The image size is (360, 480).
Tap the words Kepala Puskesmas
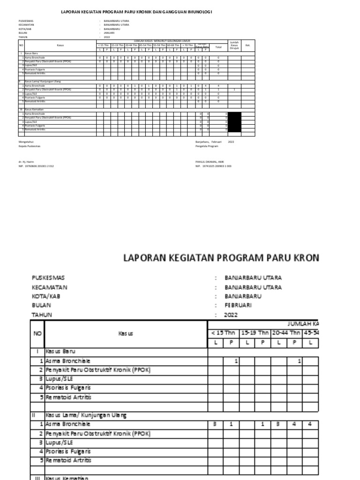tap(29, 146)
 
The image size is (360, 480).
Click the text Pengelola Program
tap(207, 146)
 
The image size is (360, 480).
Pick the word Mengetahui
tap(26, 141)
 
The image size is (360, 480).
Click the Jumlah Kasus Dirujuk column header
tap(234, 45)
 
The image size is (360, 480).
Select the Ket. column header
tap(248, 45)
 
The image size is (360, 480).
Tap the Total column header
tap(218, 47)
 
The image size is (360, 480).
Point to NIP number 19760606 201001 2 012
tap(36, 166)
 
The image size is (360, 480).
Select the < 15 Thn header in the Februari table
tap(223, 333)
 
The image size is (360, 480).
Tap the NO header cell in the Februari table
tap(37, 334)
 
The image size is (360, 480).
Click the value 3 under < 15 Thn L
tap(215, 424)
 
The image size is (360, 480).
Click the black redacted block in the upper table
tap(234, 122)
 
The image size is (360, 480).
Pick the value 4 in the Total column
tap(218, 86)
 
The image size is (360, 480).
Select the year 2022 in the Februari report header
tap(231, 315)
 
